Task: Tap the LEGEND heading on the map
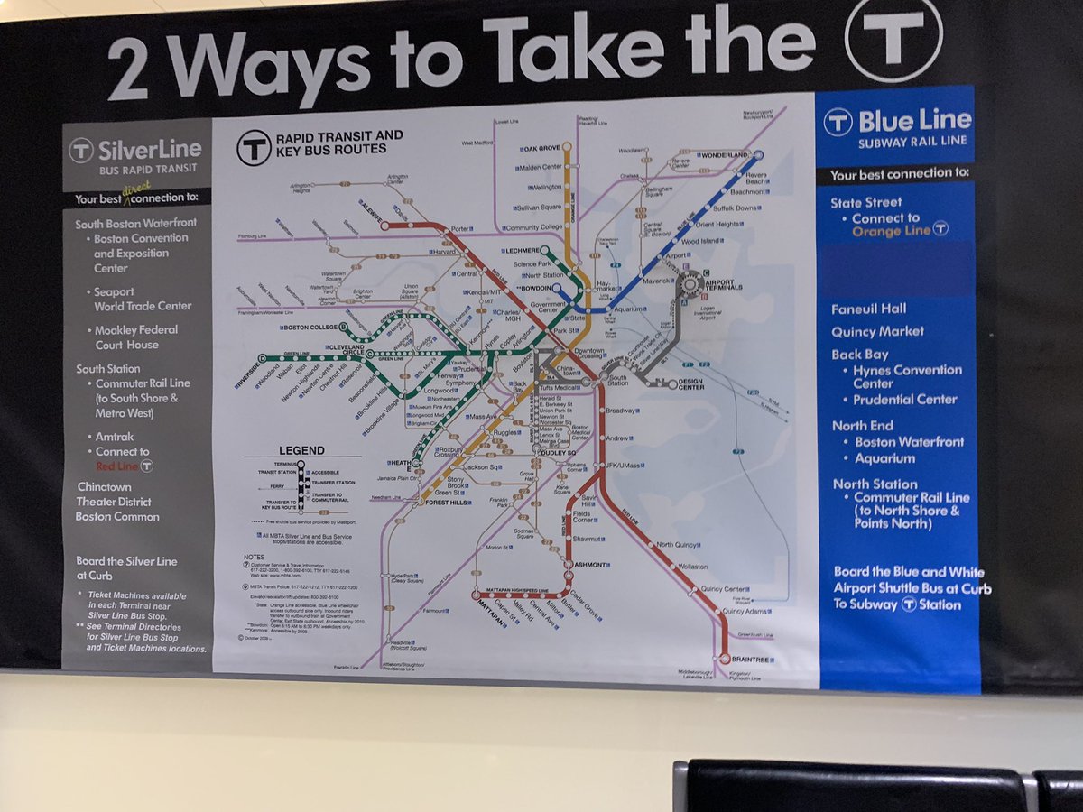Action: click(301, 450)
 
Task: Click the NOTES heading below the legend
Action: click(255, 557)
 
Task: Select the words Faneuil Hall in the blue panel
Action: click(869, 309)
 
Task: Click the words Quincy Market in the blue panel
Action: click(877, 331)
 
